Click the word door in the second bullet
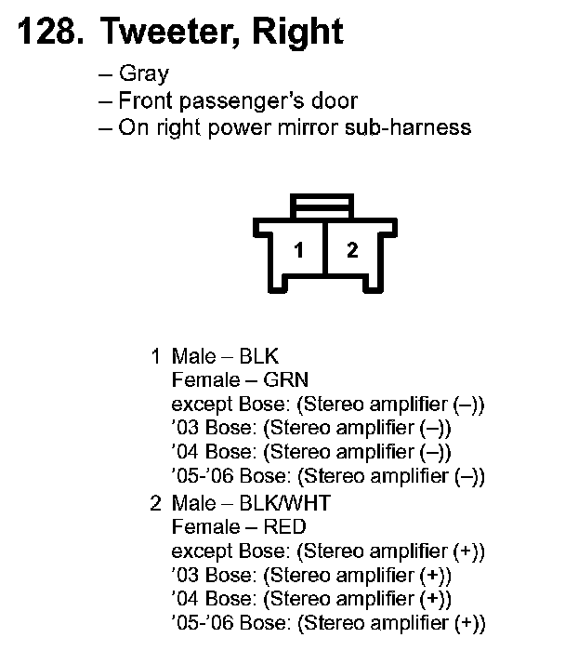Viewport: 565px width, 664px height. [x=335, y=100]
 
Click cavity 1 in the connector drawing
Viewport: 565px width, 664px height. [x=298, y=250]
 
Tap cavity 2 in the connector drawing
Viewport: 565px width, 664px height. [x=351, y=250]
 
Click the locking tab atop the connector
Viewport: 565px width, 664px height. [x=322, y=205]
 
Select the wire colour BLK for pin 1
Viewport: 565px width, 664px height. [x=259, y=356]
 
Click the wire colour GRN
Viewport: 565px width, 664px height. [x=286, y=380]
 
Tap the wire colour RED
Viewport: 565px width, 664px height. [x=286, y=528]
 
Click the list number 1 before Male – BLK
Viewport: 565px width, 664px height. [x=156, y=356]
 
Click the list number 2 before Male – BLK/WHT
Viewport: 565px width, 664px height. [x=156, y=504]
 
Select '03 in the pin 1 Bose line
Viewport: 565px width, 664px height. [x=185, y=429]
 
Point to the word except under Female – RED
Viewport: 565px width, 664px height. [x=198, y=552]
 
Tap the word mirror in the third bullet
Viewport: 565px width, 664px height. [x=318, y=126]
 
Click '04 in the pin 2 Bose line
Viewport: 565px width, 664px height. [x=185, y=600]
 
